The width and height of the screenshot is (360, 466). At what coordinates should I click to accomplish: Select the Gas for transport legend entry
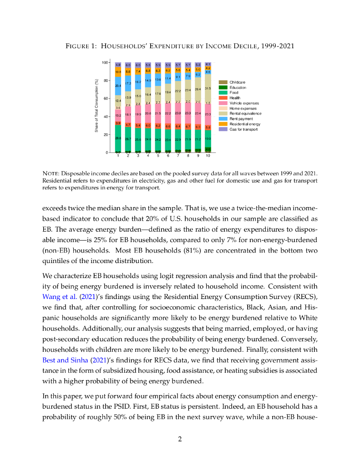click(243, 129)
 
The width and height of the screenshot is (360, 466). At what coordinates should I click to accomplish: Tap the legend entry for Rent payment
click(239, 119)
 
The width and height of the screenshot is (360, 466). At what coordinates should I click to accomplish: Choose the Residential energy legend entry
click(245, 124)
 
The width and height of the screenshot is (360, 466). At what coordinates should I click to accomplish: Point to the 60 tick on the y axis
click(105, 99)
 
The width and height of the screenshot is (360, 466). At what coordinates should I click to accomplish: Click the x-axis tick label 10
click(208, 156)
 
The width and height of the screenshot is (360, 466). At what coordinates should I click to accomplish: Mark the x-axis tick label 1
click(118, 156)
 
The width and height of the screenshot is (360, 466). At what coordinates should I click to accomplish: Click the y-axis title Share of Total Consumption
click(96, 106)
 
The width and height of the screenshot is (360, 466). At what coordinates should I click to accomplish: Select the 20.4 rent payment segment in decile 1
click(118, 86)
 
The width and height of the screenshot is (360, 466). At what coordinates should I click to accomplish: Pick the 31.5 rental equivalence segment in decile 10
click(208, 89)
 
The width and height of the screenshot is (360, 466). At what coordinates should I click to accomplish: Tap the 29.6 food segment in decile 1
click(118, 138)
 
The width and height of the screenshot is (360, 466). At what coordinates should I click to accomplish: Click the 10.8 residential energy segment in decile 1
click(118, 72)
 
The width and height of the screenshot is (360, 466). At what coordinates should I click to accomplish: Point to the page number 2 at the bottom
click(180, 439)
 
